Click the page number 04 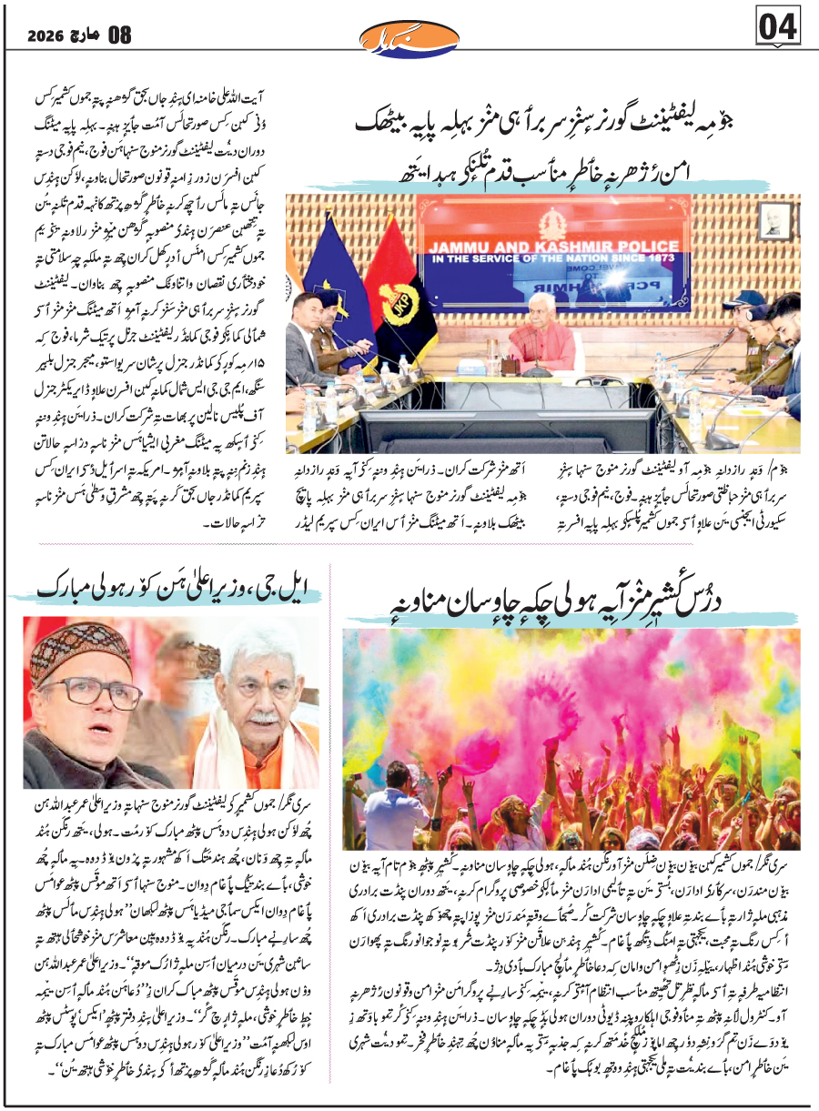(778, 27)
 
